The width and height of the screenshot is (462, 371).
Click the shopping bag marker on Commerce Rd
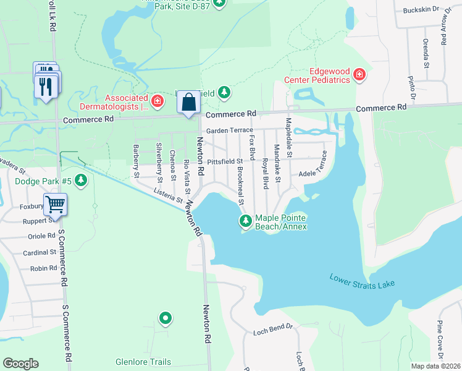tap(189, 102)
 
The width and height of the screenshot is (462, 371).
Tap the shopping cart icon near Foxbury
tap(55, 203)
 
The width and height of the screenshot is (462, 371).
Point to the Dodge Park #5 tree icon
tap(82, 181)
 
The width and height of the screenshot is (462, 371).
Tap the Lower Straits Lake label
tap(361, 280)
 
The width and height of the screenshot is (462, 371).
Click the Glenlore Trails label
tap(143, 362)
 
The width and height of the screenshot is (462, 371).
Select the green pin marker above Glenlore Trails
tap(165, 319)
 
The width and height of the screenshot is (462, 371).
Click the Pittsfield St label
tap(225, 161)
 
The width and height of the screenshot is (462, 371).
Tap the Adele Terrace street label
tap(313, 167)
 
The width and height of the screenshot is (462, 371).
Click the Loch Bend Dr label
tap(272, 332)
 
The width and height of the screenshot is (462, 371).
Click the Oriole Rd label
tap(42, 236)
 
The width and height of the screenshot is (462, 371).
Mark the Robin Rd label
tap(43, 268)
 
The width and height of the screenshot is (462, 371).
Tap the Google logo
tap(21, 364)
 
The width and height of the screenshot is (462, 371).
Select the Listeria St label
tap(167, 195)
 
